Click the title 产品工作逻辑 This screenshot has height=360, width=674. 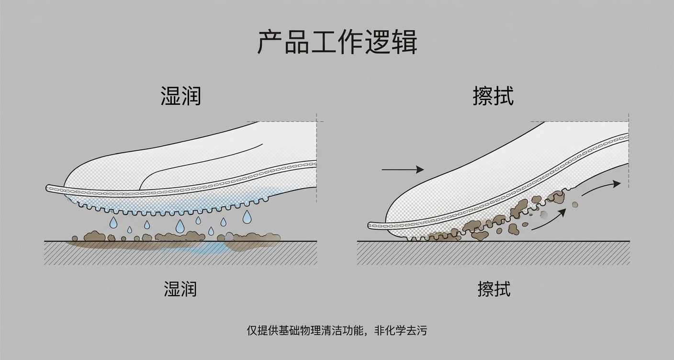[x=337, y=42]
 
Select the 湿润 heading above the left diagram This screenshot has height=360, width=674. [x=180, y=96]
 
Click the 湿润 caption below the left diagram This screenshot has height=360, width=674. [x=180, y=289]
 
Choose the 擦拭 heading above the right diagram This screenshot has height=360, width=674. [x=493, y=96]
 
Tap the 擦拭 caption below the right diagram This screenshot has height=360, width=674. [x=494, y=289]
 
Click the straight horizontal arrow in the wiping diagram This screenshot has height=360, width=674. [x=403, y=169]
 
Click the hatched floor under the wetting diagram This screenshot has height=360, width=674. [x=180, y=253]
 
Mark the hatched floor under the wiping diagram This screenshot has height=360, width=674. [x=493, y=253]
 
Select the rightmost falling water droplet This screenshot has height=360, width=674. [x=247, y=217]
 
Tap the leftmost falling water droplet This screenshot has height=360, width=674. [x=113, y=222]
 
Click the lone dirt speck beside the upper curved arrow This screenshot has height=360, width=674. [x=575, y=205]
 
